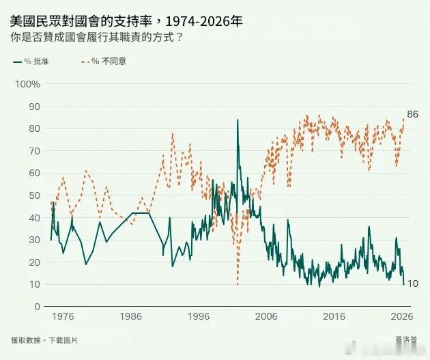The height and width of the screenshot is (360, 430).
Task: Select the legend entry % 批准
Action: click(32, 61)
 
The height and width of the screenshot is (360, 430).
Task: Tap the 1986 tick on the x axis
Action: click(130, 317)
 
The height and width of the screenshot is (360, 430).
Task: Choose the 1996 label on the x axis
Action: click(199, 317)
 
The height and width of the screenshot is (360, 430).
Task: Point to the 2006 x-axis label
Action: click(266, 317)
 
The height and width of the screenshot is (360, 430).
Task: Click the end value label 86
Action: click(412, 113)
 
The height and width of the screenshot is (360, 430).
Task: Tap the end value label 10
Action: click(412, 283)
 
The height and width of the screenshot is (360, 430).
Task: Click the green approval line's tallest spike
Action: click(238, 120)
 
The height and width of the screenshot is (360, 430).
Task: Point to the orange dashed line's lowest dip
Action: click(237, 283)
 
